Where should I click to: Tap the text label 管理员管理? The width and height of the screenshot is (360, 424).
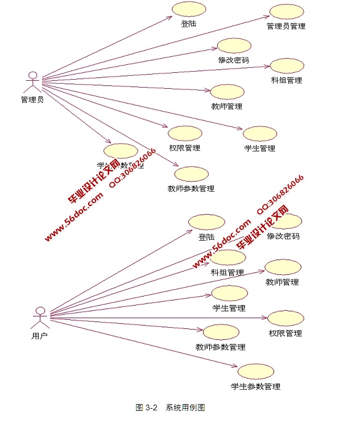[x=286, y=26]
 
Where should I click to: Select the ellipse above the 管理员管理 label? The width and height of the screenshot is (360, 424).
[x=286, y=12]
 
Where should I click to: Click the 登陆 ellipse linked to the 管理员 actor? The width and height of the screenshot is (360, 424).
[x=188, y=9]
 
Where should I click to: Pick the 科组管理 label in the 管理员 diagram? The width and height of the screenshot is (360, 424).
[x=287, y=80]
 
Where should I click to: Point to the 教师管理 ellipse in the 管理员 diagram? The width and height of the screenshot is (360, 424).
[x=227, y=92]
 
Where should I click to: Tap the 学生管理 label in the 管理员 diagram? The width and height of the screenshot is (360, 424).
[x=260, y=148]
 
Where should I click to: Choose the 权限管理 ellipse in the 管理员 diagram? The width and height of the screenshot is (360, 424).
[x=185, y=133]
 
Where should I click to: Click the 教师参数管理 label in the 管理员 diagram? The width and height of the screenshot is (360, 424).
[x=191, y=188]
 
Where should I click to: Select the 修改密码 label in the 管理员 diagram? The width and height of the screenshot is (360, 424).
[x=233, y=59]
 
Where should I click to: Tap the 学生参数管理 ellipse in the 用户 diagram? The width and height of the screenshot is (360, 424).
[x=255, y=372]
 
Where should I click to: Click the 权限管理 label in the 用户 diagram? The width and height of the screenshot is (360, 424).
[x=285, y=333]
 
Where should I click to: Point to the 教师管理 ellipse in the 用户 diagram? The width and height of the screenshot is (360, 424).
[x=283, y=267]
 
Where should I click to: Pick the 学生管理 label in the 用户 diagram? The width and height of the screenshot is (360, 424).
[x=229, y=308]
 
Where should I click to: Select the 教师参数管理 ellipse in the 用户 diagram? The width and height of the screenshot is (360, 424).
[x=221, y=332]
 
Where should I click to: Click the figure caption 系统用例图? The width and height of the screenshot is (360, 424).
[x=185, y=407]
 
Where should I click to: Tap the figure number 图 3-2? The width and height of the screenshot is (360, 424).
[x=146, y=407]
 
